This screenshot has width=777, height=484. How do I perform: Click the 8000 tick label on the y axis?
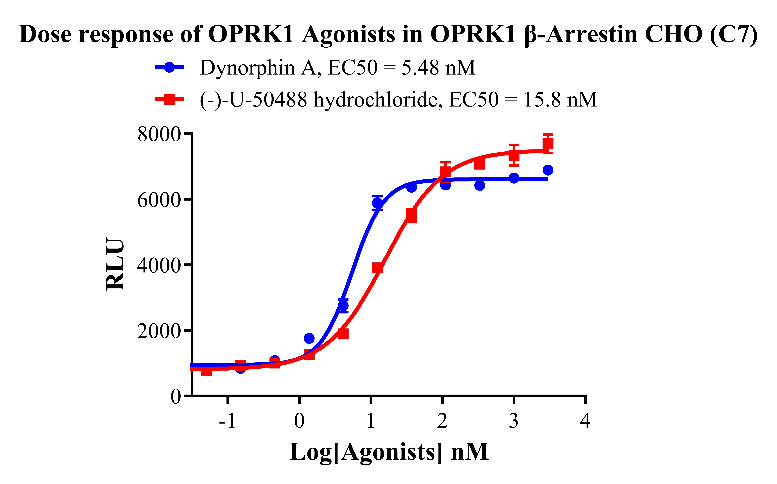159,134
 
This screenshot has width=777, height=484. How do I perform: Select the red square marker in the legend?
169,99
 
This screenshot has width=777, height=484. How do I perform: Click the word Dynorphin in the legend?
247,68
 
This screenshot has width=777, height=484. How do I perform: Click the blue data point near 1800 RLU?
309,338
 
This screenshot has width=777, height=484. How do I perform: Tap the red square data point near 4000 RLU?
377,268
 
